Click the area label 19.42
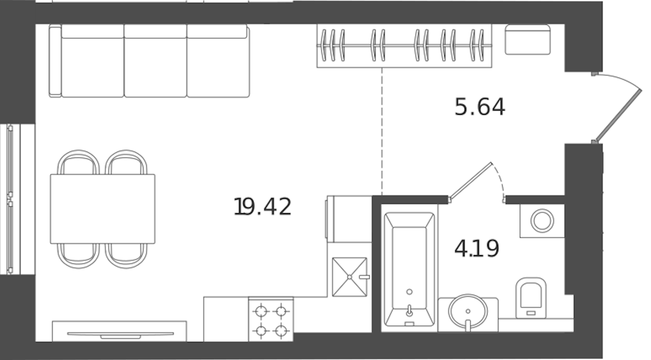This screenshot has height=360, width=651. (263, 206)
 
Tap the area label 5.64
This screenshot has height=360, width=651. (480, 107)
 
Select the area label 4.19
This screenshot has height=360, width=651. (477, 249)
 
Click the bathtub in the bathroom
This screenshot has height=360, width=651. (409, 269)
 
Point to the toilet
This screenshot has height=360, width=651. (531, 298)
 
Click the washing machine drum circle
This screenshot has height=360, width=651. (542, 221)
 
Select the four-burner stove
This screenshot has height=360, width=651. (271, 319)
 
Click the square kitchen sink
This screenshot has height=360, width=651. (350, 277)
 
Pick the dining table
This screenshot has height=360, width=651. (102, 209)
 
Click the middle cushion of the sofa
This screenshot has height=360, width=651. (155, 61)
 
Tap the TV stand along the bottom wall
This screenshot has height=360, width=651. (119, 331)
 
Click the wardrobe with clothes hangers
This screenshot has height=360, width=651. (404, 46)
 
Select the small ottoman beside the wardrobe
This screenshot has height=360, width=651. (528, 39)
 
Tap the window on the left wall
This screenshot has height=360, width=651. (10, 199)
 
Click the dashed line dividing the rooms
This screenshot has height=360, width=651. (382, 131)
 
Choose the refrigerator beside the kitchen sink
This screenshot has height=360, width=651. (349, 219)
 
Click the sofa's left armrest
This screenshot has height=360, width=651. (55, 61)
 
